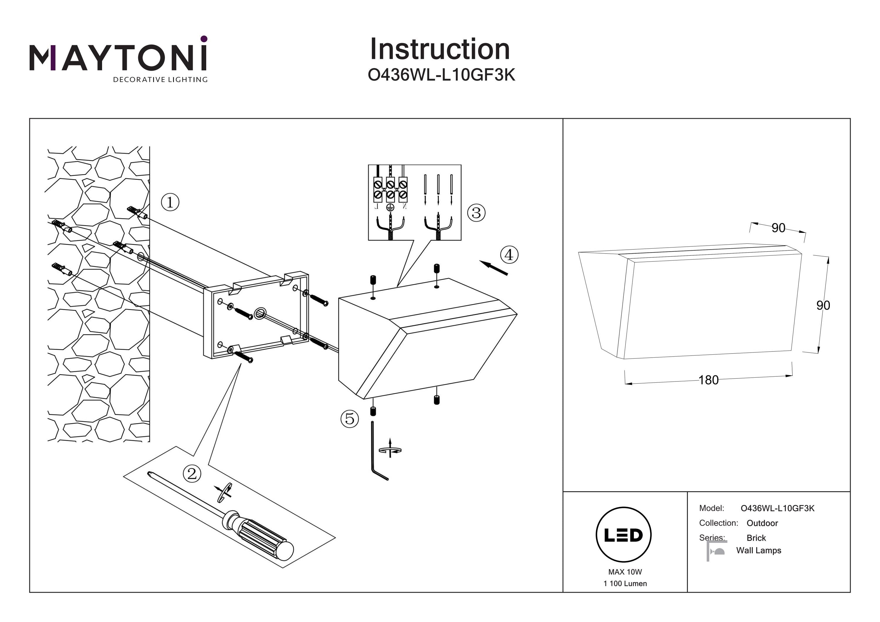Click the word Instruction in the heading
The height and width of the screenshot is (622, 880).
click(x=440, y=50)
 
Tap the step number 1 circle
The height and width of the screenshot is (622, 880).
click(x=170, y=202)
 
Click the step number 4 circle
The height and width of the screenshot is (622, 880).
click(x=509, y=255)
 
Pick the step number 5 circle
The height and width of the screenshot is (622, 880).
click(x=350, y=418)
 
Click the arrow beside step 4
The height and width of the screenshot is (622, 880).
click(x=494, y=267)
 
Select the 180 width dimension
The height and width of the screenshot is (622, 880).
click(x=708, y=380)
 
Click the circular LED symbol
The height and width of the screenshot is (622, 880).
click(x=624, y=535)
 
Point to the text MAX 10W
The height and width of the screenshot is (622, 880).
click(x=625, y=572)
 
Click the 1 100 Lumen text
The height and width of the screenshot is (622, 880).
click(x=625, y=583)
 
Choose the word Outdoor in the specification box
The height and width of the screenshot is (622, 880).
click(x=762, y=523)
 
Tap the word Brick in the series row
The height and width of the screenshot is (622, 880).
click(x=756, y=538)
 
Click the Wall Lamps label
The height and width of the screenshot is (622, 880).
click(x=759, y=550)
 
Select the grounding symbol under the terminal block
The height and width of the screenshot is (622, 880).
click(x=390, y=207)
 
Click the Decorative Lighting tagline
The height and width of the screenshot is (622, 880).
click(x=160, y=80)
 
